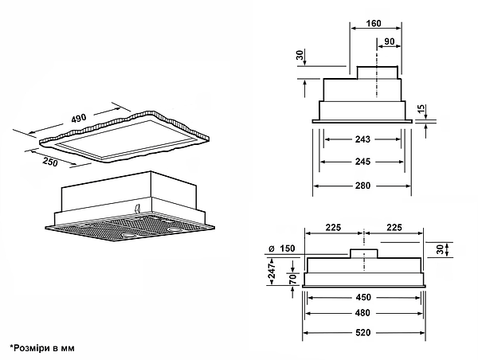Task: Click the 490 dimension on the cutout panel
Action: (78, 118)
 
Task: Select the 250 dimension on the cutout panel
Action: (49, 162)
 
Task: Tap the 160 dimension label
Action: (374, 23)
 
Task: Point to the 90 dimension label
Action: (388, 41)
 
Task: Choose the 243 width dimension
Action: (362, 141)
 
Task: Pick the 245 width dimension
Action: (362, 163)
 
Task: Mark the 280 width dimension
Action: (362, 186)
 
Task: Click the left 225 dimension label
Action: (332, 227)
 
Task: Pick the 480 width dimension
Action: (363, 315)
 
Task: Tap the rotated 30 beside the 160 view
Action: (300, 57)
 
